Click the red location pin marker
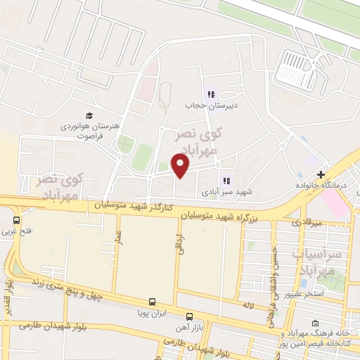pos(181,166)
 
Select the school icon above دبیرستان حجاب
pos(210,94)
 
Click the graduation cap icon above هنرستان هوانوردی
pos(89,115)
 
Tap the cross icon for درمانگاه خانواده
pos(321,174)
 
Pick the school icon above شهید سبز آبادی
pos(226,180)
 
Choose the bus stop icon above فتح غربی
pos(26,219)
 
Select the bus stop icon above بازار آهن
pos(188,316)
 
